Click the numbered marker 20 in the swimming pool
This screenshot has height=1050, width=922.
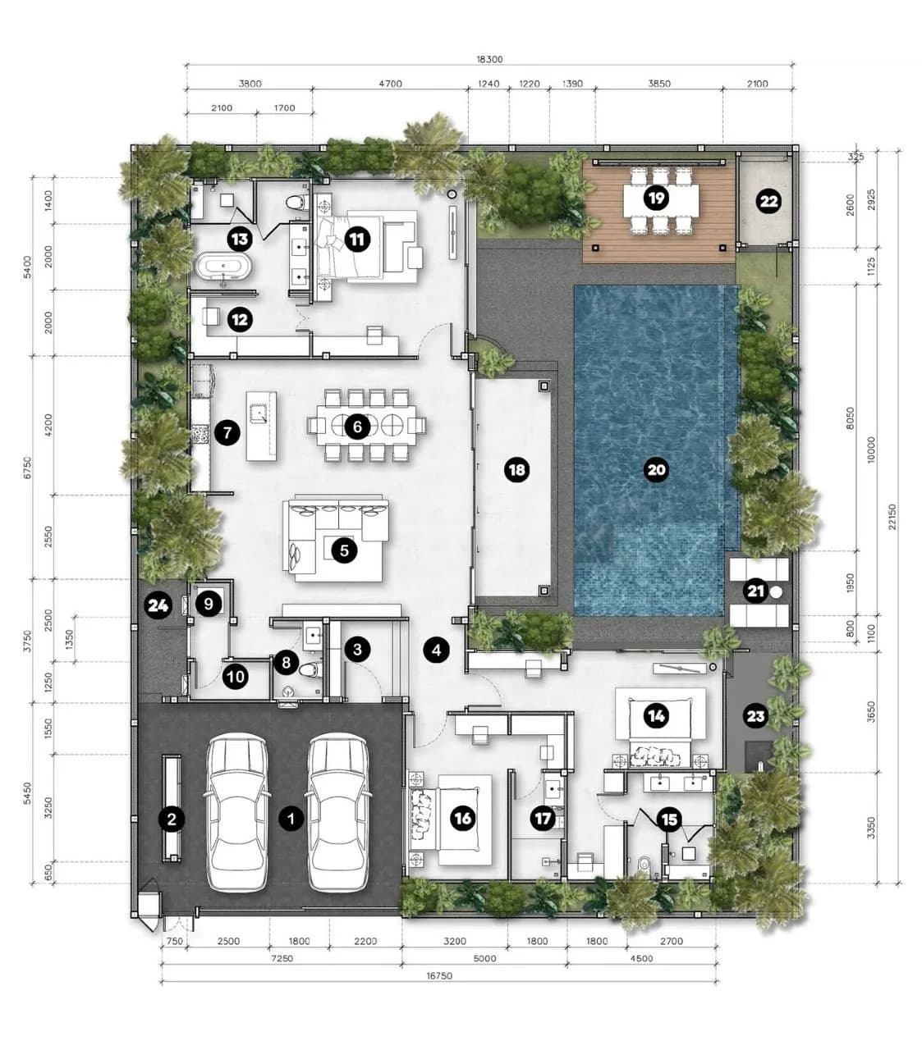coord(656,469)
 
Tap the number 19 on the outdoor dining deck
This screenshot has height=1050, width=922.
coord(656,198)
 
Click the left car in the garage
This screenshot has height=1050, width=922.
coord(237,811)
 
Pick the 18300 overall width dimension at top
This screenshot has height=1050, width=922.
coord(489,60)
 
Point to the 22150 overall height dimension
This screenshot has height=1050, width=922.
coord(892,516)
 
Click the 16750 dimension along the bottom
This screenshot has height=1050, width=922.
coord(439,976)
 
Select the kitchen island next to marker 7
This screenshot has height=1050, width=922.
coord(261,426)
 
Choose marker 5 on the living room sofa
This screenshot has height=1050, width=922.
coord(345,550)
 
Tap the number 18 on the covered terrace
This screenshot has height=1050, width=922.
coord(516,469)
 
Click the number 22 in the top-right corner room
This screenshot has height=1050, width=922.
coord(768,201)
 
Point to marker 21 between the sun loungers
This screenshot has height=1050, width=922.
coord(755,591)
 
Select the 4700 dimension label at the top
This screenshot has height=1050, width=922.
coord(390,84)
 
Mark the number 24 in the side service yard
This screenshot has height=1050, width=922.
coord(158,605)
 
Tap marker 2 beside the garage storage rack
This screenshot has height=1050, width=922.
coord(172,819)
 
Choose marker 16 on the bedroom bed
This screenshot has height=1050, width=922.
coord(462,818)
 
